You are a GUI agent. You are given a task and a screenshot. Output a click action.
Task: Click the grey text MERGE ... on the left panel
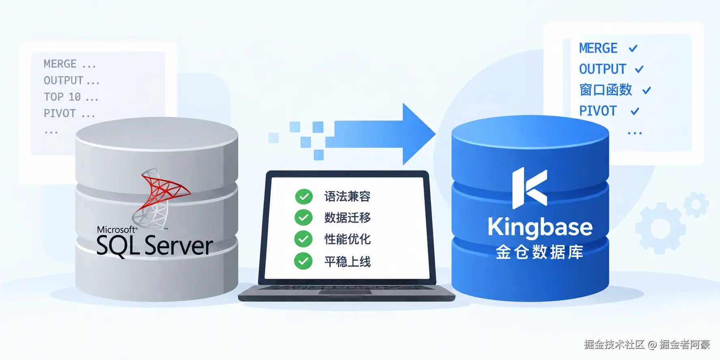pos(70,64)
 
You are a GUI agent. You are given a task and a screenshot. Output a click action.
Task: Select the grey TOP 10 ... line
pos(71,97)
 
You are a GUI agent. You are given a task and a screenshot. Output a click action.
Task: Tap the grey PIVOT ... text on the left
pos(69,113)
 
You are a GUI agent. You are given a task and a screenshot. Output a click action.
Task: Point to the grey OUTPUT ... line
pos(71,80)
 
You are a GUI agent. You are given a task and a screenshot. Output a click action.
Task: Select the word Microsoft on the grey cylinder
pos(116,229)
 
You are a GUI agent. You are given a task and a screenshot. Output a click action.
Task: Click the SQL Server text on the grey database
pos(155,246)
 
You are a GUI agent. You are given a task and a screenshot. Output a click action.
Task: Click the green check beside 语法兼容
pos(304,196)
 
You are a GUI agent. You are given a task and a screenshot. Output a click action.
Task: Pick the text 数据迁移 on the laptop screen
pos(347,218)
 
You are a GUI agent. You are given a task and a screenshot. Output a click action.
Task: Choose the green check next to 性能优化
pos(304,239)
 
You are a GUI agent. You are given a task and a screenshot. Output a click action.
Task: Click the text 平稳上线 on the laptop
pos(347,261)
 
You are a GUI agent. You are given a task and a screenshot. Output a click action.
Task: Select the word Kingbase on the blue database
pos(540,228)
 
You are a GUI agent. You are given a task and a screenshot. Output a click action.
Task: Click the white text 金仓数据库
pos(539,252)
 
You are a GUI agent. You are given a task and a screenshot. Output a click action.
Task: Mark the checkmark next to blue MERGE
pos(633,48)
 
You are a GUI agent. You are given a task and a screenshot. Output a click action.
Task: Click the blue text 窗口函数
pos(606,90)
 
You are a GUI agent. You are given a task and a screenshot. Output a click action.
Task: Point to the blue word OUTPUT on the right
pos(603,69)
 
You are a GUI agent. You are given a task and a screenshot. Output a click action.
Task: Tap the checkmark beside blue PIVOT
pos(635,111)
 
